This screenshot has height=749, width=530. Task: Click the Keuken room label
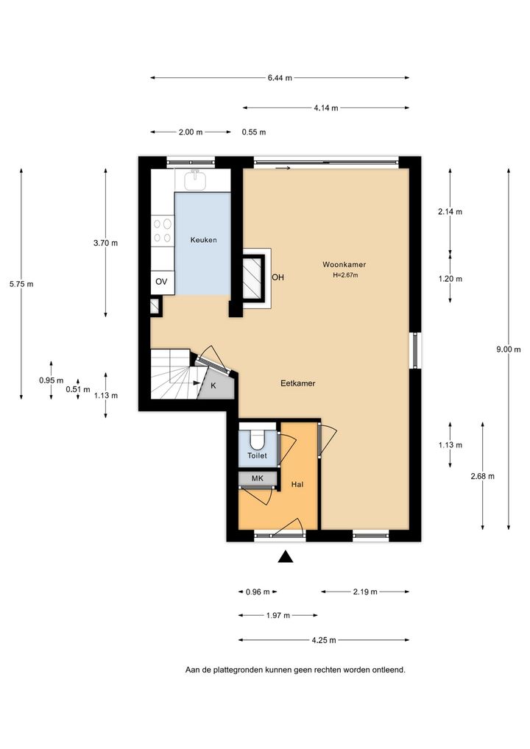click(204, 240)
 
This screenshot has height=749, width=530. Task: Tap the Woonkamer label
click(344, 264)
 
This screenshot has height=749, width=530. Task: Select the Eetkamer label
click(297, 383)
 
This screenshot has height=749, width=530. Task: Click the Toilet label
click(257, 455)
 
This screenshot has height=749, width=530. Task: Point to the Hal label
click(297, 484)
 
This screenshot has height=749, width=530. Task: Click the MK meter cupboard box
click(258, 478)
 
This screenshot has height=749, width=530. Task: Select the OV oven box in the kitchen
click(162, 282)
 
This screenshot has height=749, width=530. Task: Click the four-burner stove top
click(163, 230)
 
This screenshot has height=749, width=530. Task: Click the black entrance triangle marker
click(286, 556)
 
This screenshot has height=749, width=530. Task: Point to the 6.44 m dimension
click(280, 78)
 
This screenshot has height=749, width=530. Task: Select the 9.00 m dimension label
click(509, 349)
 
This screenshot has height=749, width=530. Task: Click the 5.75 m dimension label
click(21, 284)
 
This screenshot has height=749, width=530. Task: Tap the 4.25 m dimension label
click(324, 640)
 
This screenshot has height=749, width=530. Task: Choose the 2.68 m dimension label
click(483, 476)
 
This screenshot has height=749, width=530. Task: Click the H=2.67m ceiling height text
click(345, 274)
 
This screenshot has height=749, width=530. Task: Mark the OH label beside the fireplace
click(278, 277)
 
